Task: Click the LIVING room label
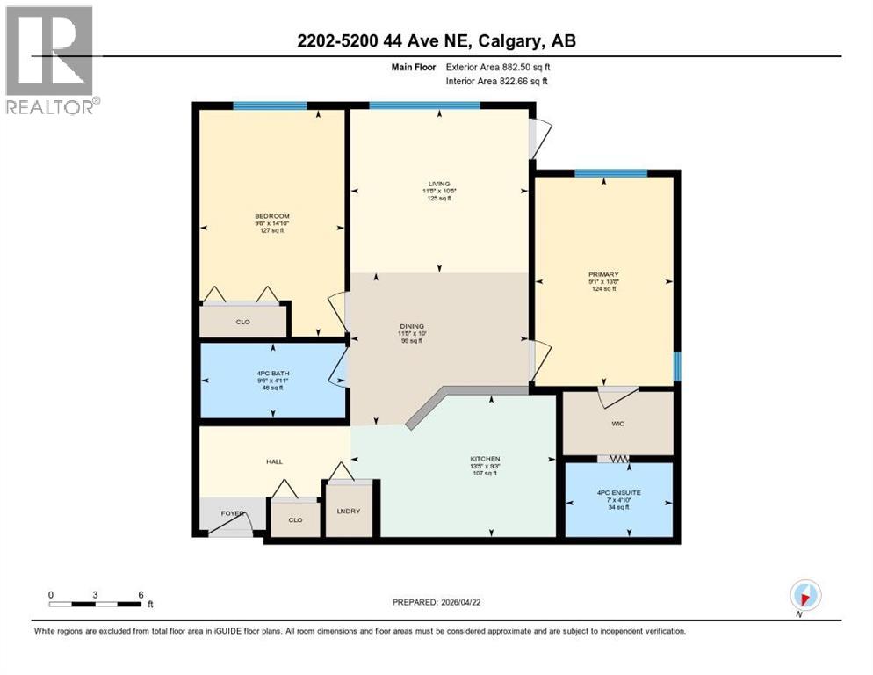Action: tap(440, 184)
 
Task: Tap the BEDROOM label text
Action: tap(271, 216)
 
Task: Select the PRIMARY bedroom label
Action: tap(603, 274)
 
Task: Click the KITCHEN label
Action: tap(485, 459)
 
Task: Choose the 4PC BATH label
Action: tap(271, 374)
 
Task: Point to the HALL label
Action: tap(274, 461)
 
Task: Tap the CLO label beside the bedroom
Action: tap(242, 322)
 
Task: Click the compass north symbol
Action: tap(804, 595)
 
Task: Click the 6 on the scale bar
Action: tap(141, 594)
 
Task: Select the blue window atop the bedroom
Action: tap(270, 106)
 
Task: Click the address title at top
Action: tap(436, 39)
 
